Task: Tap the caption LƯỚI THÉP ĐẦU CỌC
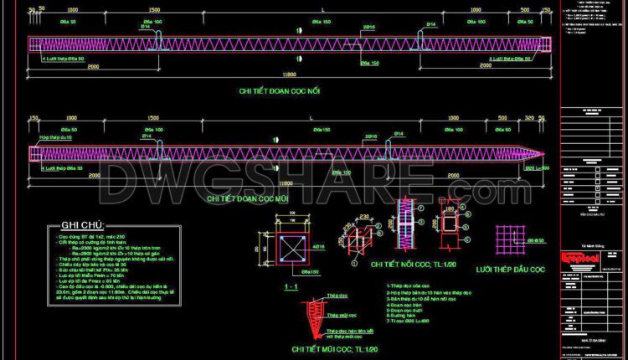(511, 270)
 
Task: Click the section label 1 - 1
(293, 287)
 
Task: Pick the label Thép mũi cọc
(337, 316)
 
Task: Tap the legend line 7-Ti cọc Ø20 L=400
(409, 321)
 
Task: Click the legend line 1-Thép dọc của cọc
(407, 286)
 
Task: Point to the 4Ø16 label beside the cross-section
(318, 248)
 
